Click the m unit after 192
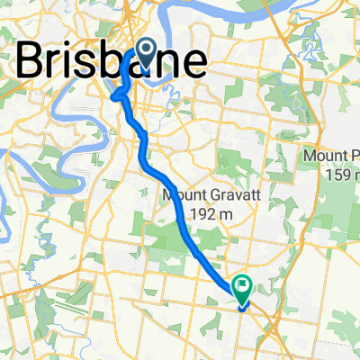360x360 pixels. point(227,214)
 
